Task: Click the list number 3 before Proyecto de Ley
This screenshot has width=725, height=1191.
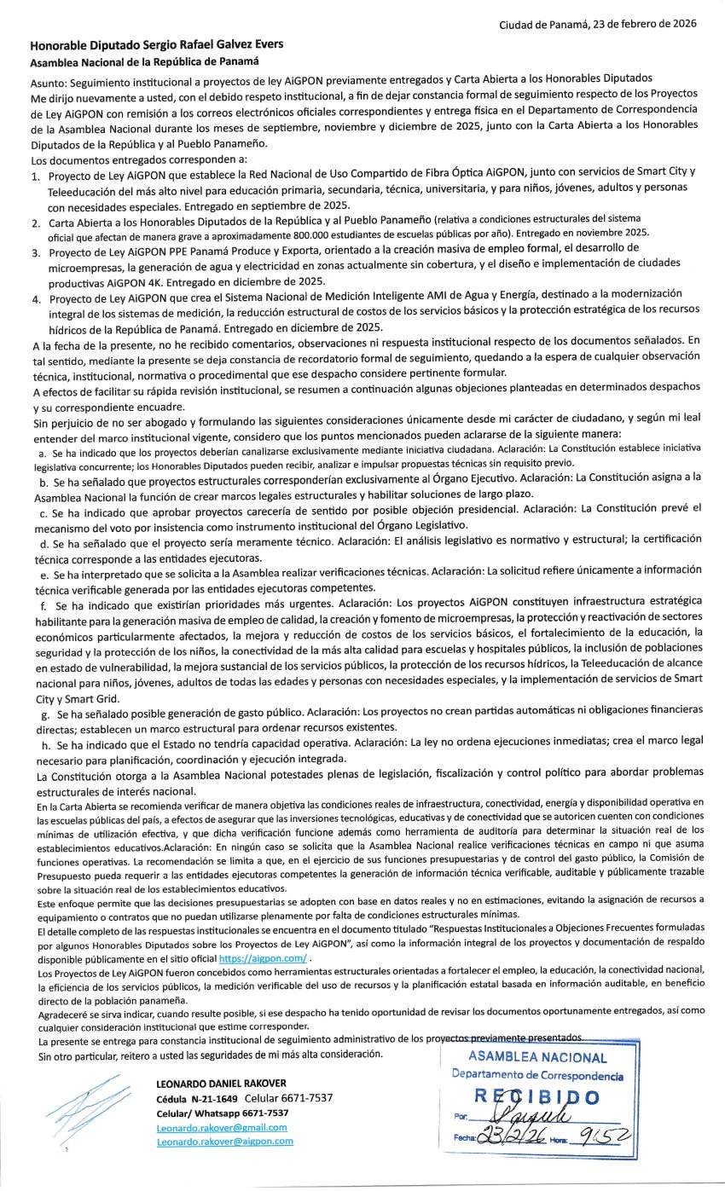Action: [35, 253]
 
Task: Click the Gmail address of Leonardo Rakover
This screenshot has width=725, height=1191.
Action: [221, 1126]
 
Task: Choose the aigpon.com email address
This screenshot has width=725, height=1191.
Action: [224, 1141]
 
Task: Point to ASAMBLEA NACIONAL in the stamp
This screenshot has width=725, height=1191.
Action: [537, 1059]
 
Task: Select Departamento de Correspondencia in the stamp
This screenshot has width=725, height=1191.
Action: [537, 1076]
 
